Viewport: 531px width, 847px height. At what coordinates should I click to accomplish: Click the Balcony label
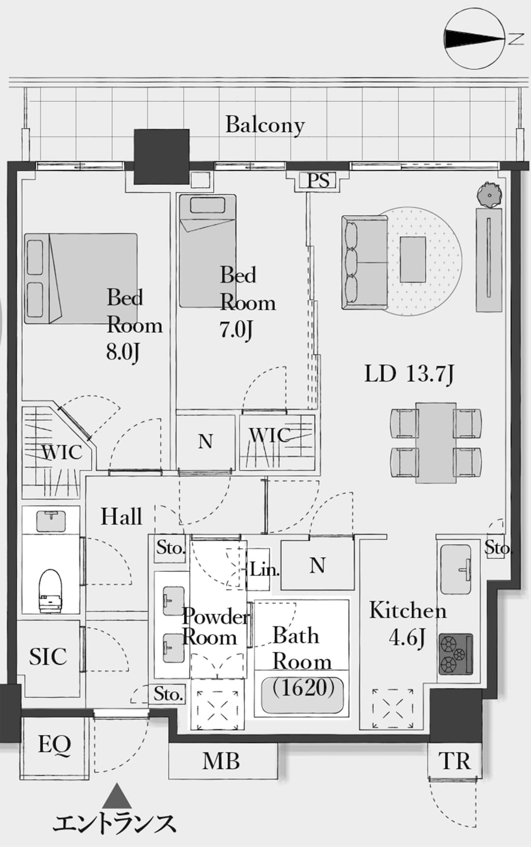coord(265,125)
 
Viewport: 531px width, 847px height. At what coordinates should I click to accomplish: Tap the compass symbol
coord(474,39)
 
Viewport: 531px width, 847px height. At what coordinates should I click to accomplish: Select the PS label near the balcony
coord(319,181)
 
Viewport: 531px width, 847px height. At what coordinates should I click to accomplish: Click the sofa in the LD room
coord(364,262)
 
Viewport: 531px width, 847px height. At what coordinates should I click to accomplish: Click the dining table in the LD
coord(436,442)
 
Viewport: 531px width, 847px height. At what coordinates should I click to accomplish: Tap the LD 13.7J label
coord(409,374)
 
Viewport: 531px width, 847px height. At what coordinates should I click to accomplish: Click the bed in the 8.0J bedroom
coord(81,279)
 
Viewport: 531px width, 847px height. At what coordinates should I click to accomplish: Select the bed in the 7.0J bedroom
coord(207,251)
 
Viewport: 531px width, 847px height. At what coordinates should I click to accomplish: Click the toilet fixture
coord(51,590)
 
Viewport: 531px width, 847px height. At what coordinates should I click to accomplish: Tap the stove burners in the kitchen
coord(455,654)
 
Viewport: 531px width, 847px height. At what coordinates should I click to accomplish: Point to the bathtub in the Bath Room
coord(302,694)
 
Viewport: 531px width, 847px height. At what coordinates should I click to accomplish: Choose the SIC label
coord(48,657)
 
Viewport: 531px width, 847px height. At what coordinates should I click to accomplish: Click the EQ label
coord(55,745)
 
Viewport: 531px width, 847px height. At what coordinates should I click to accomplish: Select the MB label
coord(221,761)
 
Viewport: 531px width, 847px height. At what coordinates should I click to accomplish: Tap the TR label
coord(455,762)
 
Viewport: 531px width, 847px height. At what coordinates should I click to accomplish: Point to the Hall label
coord(121,517)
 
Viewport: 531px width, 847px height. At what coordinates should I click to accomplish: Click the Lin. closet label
coord(265,569)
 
